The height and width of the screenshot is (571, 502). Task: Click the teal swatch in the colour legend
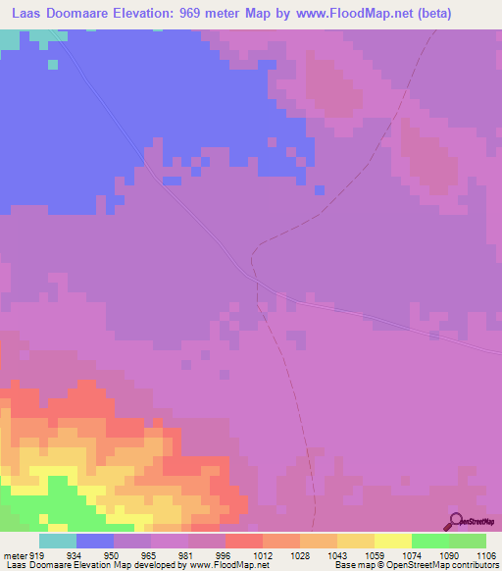click(x=58, y=541)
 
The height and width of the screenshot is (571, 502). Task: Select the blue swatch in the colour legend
click(x=95, y=541)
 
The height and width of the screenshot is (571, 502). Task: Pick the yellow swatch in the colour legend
click(x=393, y=541)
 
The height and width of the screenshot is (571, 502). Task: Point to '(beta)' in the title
click(x=473, y=14)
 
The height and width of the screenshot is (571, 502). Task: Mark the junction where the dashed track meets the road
click(x=257, y=280)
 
